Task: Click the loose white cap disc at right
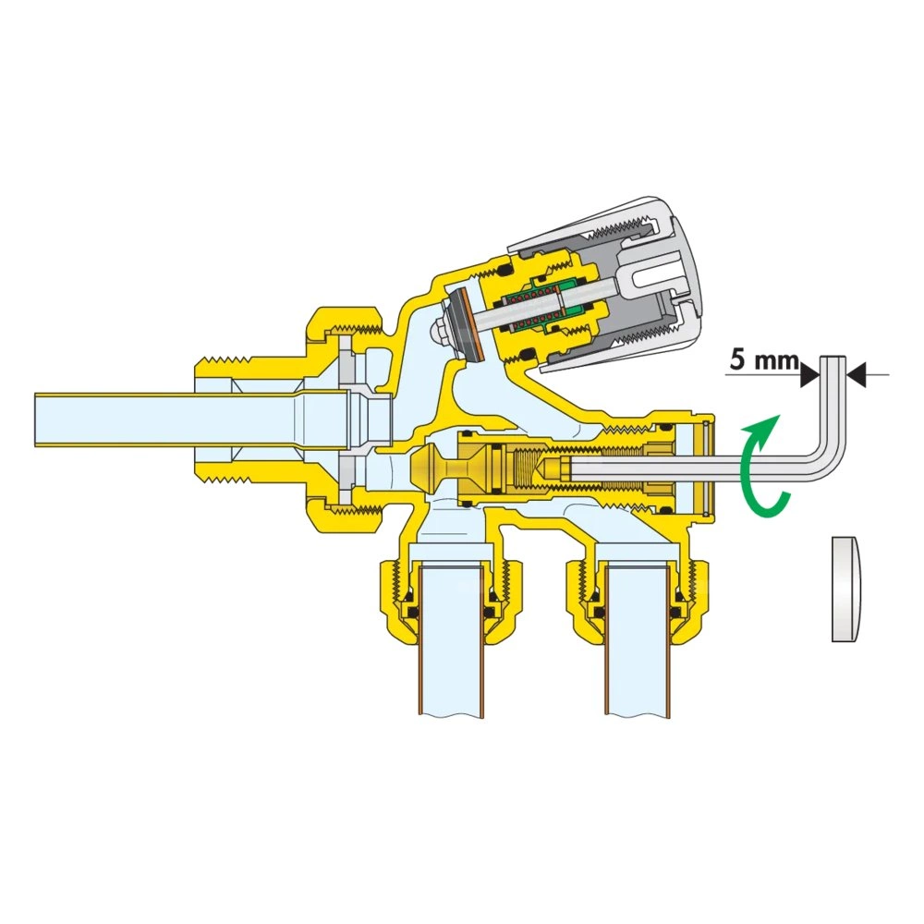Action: click(845, 589)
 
